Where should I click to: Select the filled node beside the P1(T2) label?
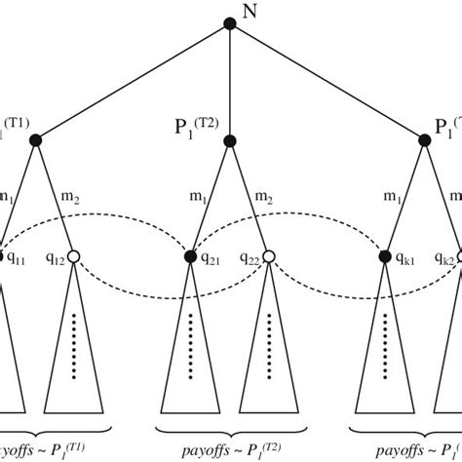(x=231, y=142)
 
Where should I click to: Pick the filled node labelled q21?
(x=192, y=257)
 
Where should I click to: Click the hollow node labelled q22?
(x=270, y=257)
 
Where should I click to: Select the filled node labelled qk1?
(x=386, y=257)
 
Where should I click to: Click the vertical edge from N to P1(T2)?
(x=231, y=83)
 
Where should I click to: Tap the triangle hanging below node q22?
(x=270, y=361)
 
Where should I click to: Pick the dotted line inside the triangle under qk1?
(x=386, y=346)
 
